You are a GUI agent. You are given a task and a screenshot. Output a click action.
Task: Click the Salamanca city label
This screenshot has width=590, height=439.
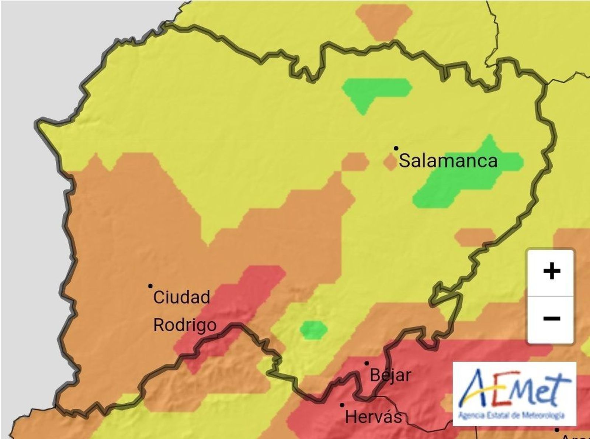(448, 161)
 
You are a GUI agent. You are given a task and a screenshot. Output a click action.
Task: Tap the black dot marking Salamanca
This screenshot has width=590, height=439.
(396, 148)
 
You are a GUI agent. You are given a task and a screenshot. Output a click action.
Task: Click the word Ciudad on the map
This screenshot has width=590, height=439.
(181, 297)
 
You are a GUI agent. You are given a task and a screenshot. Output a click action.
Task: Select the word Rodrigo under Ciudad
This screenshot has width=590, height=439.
(184, 325)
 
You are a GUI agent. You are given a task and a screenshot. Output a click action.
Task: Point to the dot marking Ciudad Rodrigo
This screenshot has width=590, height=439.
(150, 286)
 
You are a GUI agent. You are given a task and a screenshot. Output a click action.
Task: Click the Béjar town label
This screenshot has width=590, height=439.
(390, 376)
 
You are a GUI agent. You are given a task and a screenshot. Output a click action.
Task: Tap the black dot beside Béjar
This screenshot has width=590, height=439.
(367, 363)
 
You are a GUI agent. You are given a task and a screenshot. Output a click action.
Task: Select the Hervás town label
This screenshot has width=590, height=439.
(373, 417)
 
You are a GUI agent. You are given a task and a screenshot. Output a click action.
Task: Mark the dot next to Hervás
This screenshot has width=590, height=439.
(342, 405)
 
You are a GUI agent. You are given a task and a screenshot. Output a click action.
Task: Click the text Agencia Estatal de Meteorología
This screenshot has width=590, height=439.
(511, 416)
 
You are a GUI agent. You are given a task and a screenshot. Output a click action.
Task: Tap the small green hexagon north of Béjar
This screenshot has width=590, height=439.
(313, 329)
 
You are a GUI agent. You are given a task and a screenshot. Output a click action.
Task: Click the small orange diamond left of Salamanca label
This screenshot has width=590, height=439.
(390, 162)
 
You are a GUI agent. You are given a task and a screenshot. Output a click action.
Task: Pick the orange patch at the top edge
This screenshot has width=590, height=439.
(383, 20)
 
